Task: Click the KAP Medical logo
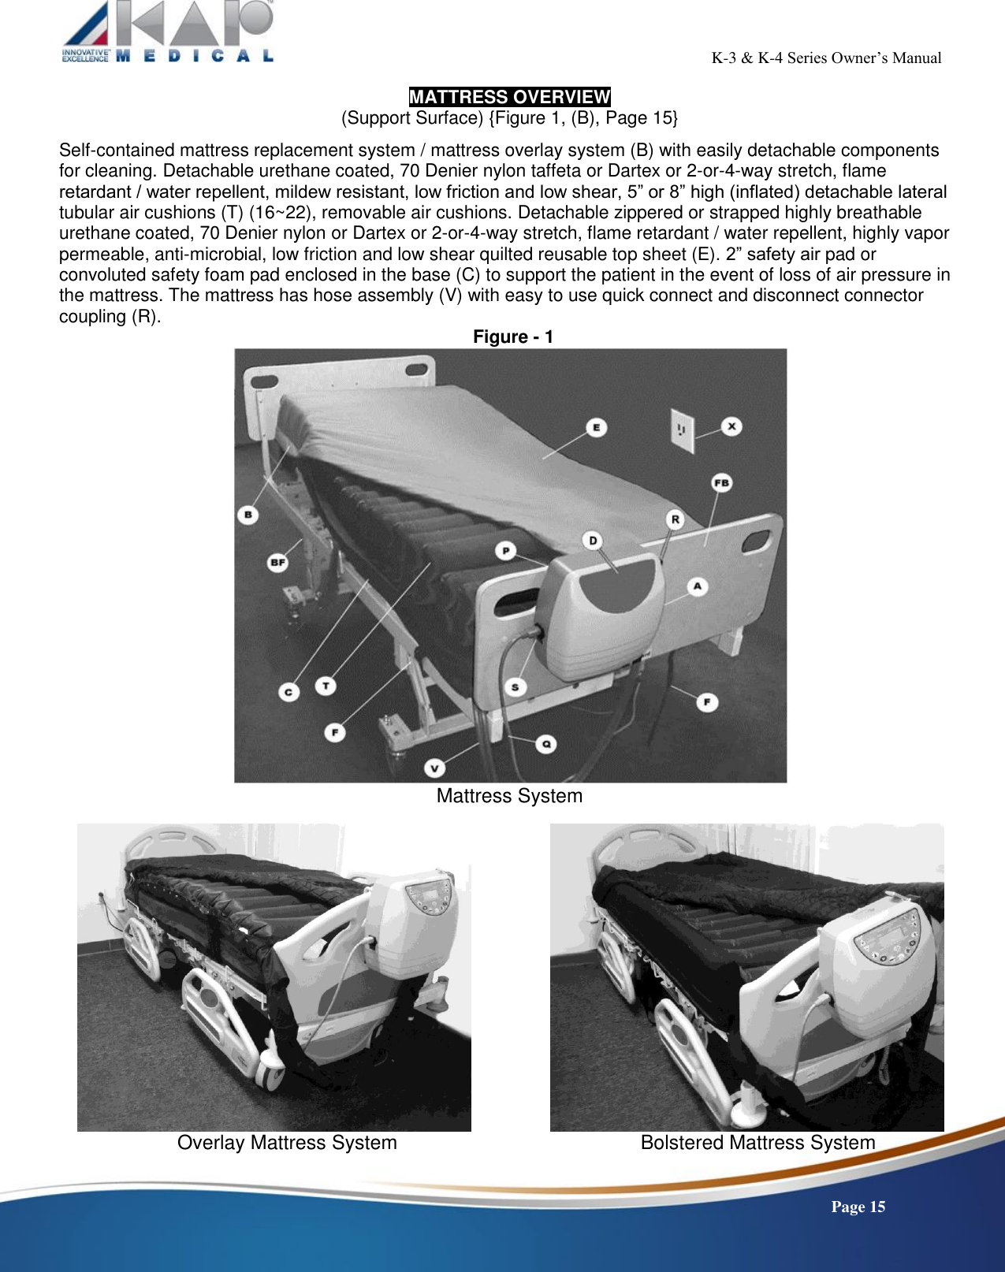pos(168,32)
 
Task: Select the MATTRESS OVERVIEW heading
pos(509,97)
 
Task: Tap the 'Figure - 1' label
pos(512,337)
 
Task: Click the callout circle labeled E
pos(596,428)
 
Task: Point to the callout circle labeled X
pos(731,426)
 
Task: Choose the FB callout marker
pos(721,483)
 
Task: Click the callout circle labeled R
pos(675,519)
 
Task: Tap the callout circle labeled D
pos(593,541)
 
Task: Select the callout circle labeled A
pos(697,586)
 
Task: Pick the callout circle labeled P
pos(505,551)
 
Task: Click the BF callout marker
pos(277,563)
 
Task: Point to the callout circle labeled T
pos(326,686)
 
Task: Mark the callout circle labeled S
pos(515,687)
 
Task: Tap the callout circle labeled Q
pos(545,744)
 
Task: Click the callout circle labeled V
pos(434,768)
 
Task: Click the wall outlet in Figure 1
pos(682,431)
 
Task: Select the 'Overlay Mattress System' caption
pos(287,1143)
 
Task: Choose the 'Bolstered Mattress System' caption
pos(757,1143)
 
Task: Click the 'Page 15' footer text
pos(858,1207)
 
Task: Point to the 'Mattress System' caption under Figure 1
pos(509,796)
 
